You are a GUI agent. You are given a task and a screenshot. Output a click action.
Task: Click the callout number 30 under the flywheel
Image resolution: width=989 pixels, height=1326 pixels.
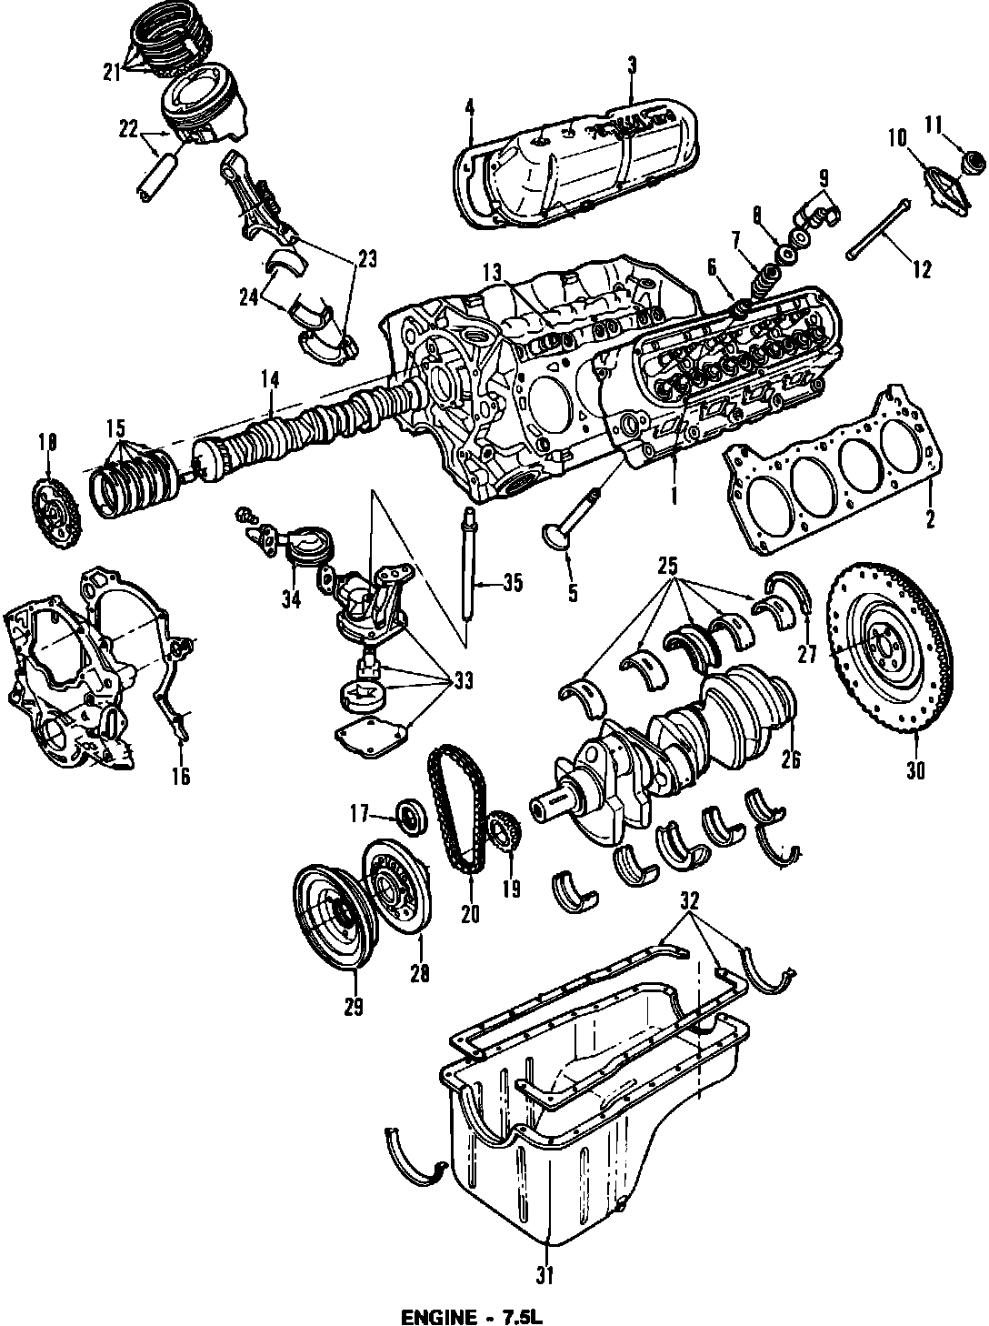(914, 769)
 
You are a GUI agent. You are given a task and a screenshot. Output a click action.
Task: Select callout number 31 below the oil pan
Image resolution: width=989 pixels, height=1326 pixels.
(544, 1276)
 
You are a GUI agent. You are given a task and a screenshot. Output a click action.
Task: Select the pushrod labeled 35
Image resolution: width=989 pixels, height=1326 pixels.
(470, 573)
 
